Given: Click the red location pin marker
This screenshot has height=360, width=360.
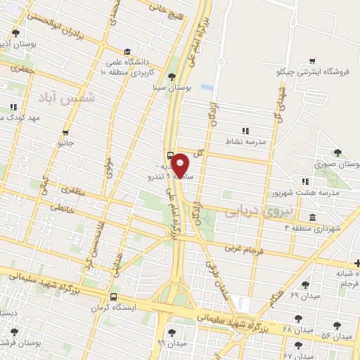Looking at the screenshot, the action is [x=181, y=165].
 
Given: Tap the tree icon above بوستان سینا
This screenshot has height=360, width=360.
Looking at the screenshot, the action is [x=173, y=76].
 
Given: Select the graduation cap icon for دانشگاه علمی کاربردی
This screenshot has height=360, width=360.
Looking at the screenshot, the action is [x=127, y=51].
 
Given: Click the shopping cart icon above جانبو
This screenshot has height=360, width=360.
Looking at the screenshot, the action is [x=65, y=131].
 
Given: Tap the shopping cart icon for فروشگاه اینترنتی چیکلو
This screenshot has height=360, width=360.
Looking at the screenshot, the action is [x=312, y=61].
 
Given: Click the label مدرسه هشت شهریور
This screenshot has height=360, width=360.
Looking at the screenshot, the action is [x=311, y=192].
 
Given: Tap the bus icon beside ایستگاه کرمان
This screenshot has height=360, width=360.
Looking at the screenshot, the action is [x=114, y=297].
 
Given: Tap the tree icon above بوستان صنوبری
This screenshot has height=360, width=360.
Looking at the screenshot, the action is [x=337, y=153].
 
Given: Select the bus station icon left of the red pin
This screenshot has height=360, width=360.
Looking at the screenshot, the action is [x=171, y=155].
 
